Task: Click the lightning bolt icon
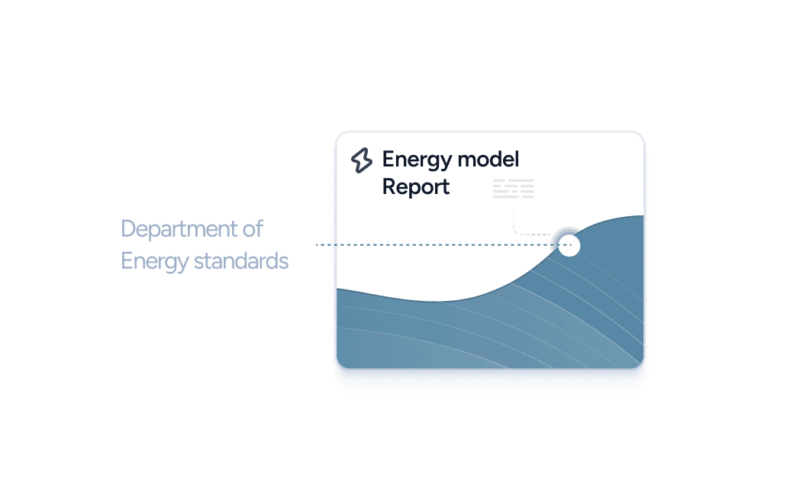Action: (x=361, y=160)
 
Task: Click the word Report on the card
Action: (x=416, y=187)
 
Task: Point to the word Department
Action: (x=180, y=229)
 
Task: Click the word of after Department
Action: (x=254, y=228)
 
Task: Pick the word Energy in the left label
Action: (x=154, y=262)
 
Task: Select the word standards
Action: (x=241, y=261)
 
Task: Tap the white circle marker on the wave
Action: (x=569, y=245)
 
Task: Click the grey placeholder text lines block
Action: (x=513, y=189)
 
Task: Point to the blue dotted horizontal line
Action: (x=435, y=245)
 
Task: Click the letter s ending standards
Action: (x=284, y=262)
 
